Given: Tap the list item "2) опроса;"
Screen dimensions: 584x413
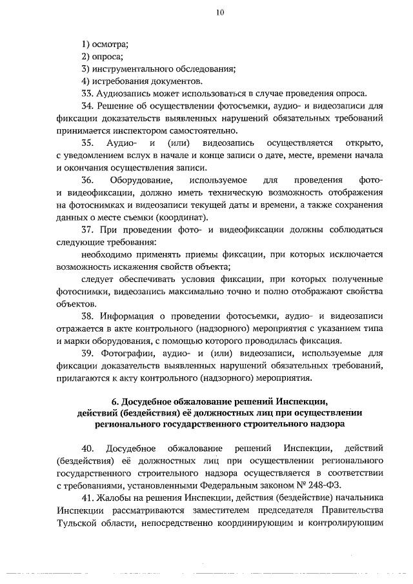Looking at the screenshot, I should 102,56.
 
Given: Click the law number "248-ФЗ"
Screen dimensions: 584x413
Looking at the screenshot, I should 330,485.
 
